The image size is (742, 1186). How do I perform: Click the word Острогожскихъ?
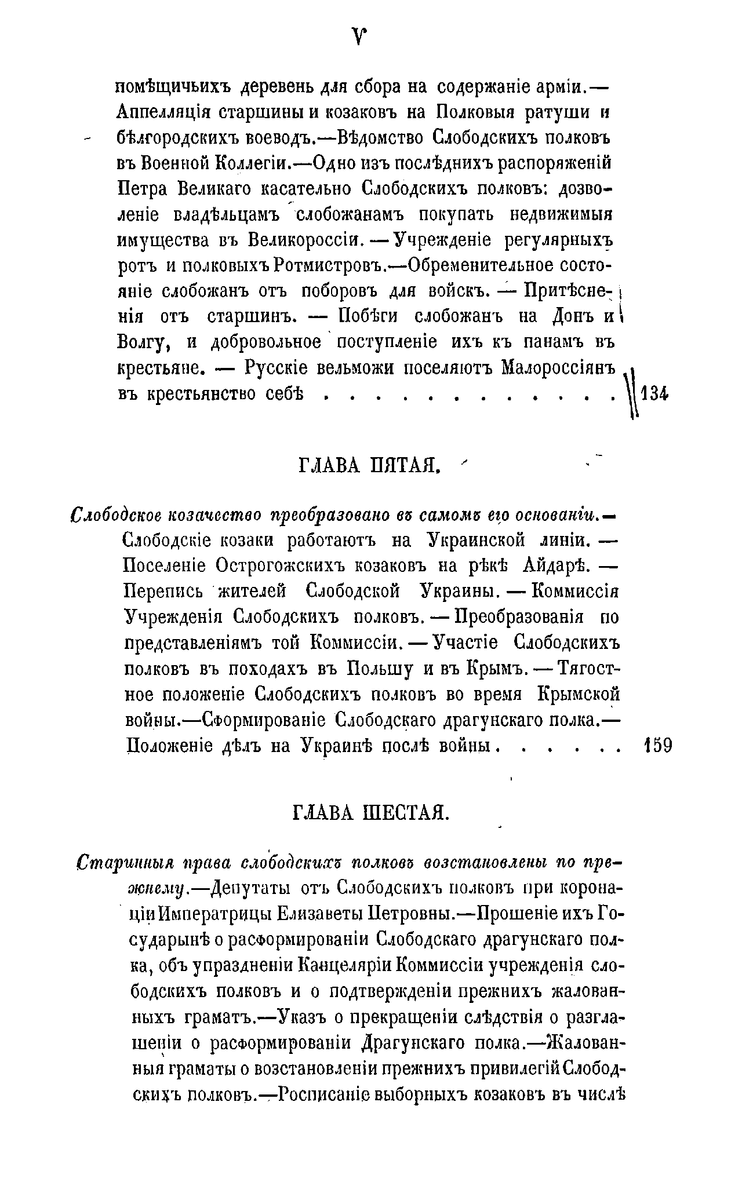[x=281, y=565]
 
